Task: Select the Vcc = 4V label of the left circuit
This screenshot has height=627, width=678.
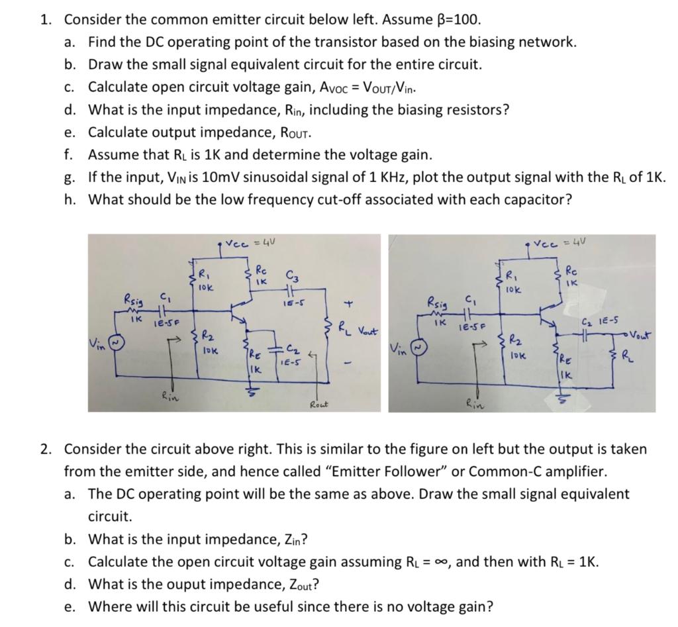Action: (x=246, y=243)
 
